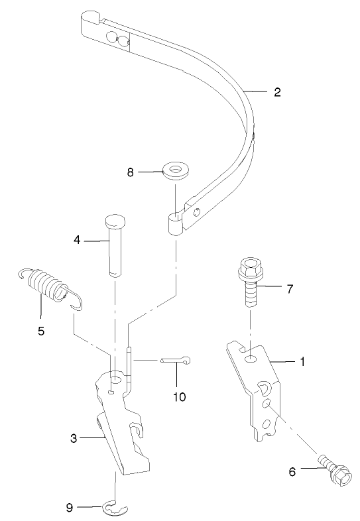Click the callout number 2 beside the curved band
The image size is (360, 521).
click(x=277, y=92)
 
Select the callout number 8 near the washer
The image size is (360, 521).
click(x=131, y=172)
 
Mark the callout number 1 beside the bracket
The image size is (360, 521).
click(x=302, y=362)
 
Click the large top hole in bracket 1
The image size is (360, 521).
click(x=251, y=359)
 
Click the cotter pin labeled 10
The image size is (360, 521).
click(x=176, y=361)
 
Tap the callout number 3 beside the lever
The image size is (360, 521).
click(x=74, y=437)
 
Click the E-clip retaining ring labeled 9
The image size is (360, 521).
click(x=117, y=508)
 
